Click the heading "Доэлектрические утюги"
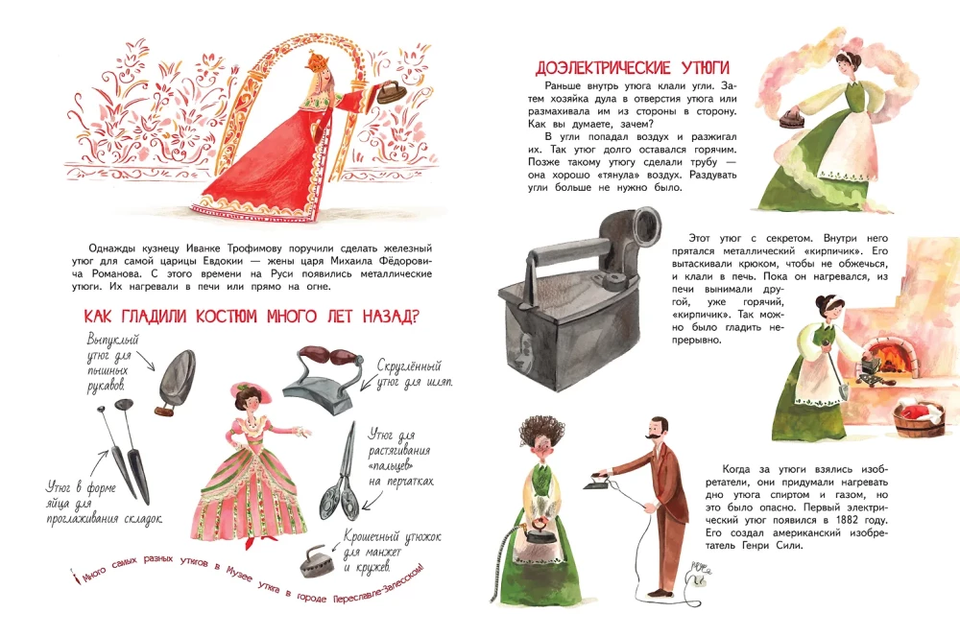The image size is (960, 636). (x=633, y=68)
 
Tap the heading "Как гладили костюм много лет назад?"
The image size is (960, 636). (x=251, y=317)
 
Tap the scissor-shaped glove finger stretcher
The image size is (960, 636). (x=339, y=473)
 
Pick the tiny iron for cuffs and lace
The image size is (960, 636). (x=316, y=561)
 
